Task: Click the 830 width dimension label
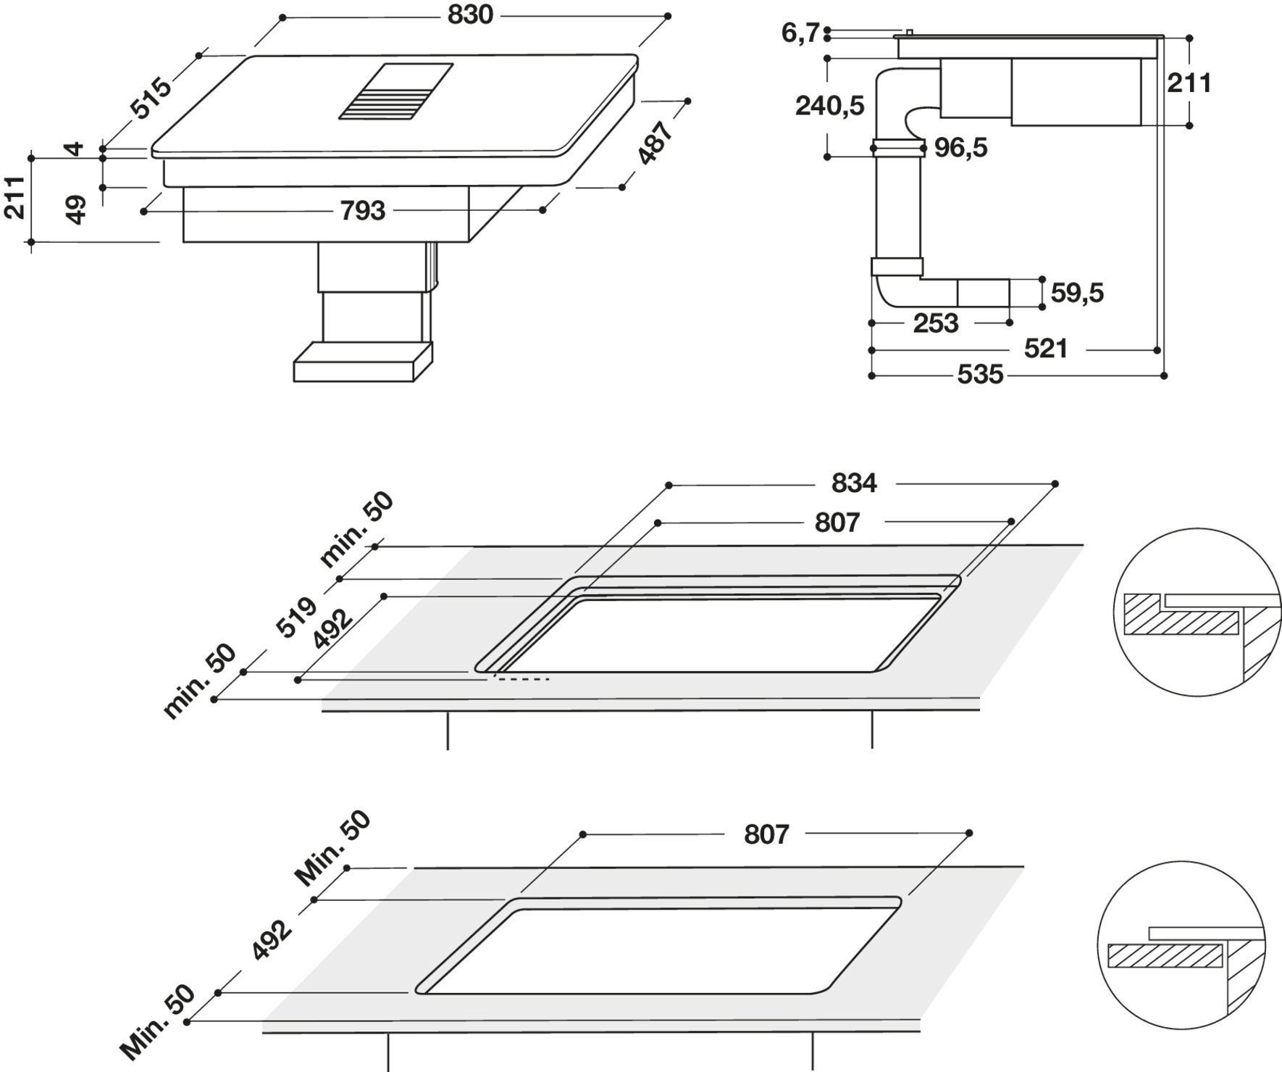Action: coord(470,15)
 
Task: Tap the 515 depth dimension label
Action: coord(151,97)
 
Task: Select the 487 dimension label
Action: coord(655,143)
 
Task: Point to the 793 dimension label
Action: coord(363,211)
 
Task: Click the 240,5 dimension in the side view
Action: coord(830,106)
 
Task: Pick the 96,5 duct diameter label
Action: coord(960,148)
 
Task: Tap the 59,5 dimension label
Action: coord(1077,293)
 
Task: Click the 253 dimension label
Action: coord(936,323)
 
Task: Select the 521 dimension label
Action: coord(1046,349)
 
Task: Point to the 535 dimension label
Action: coord(980,375)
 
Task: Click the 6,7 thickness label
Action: coord(800,33)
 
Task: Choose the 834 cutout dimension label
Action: coord(854,483)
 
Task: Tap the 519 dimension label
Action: coord(297,617)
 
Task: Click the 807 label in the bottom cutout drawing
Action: coord(766,834)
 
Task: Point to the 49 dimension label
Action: coord(75,209)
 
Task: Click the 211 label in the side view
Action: coord(1189,83)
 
